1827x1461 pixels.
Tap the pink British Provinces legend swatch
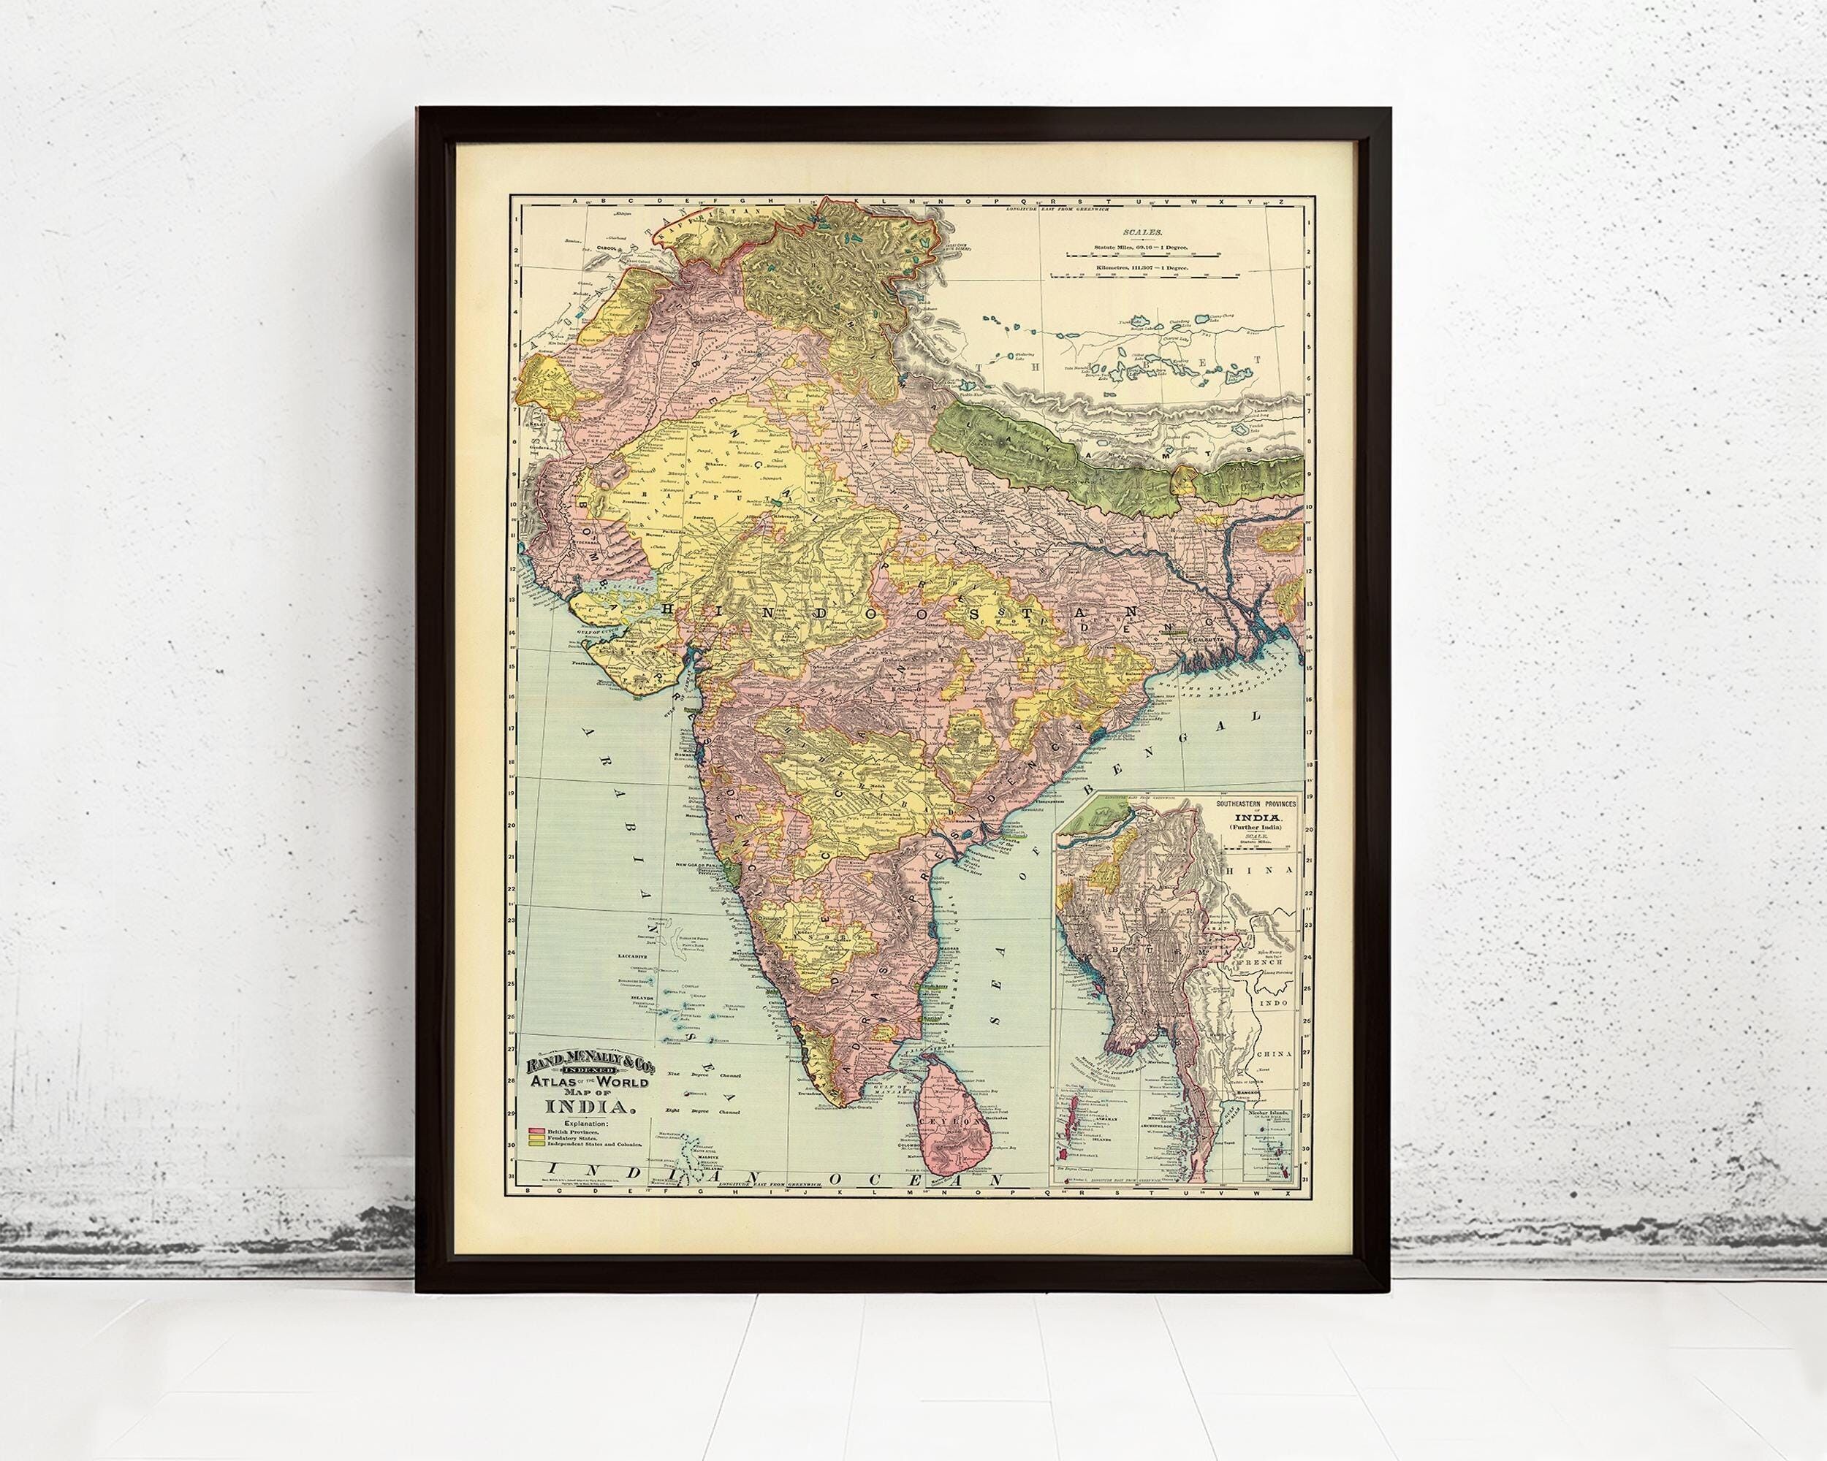point(536,1132)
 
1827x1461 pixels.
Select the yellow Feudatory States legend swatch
point(536,1138)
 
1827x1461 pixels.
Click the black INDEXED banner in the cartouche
point(589,1072)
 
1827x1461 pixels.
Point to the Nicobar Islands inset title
point(1269,1113)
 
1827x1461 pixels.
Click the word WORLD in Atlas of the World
point(622,1083)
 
